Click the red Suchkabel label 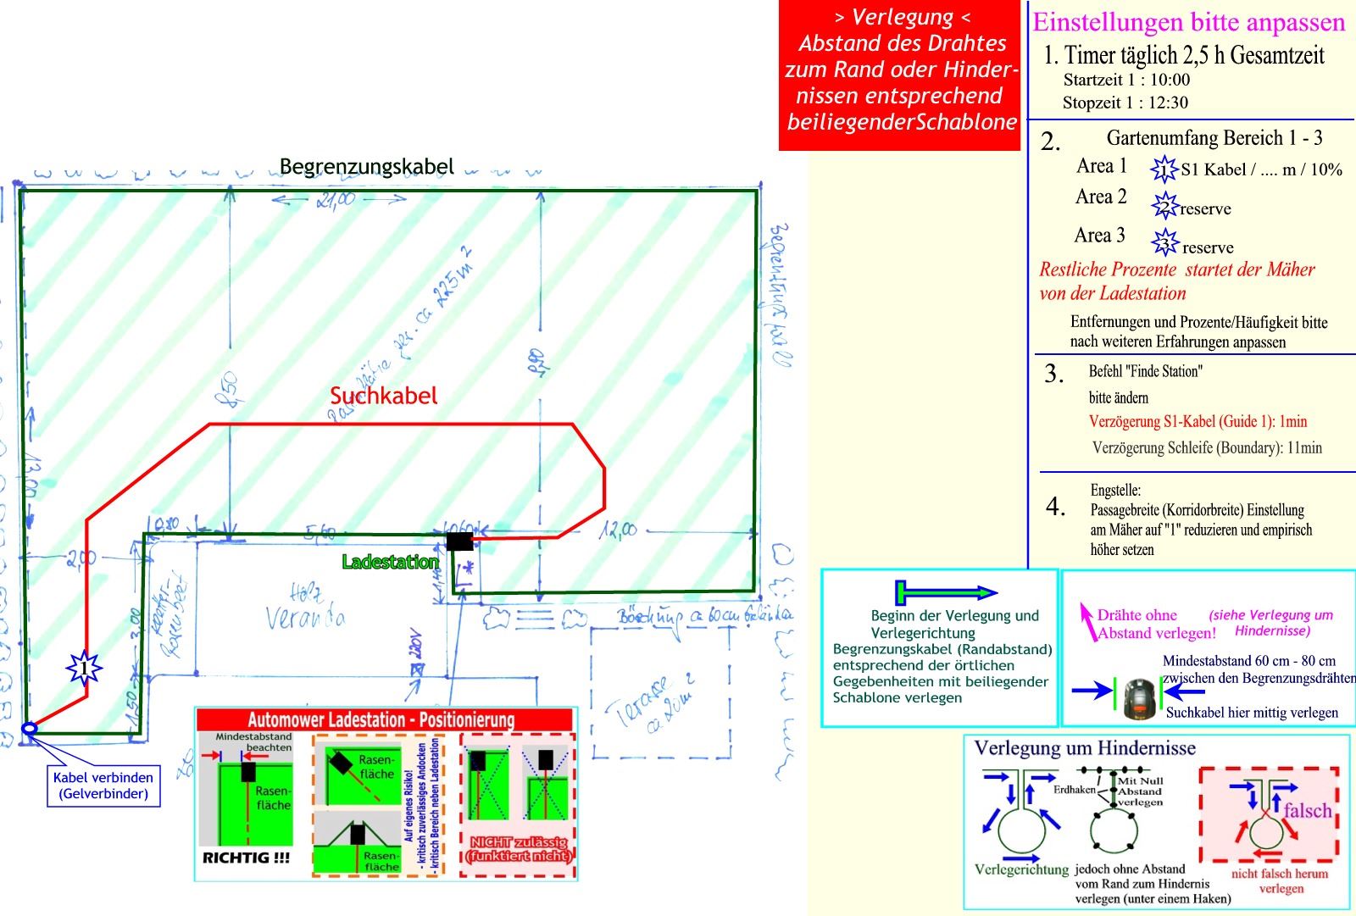[384, 396]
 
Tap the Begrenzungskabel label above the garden [367, 166]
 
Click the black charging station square [459, 541]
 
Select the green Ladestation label [391, 562]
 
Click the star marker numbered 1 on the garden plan [84, 669]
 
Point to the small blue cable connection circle [29, 728]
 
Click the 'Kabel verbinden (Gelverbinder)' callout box [103, 786]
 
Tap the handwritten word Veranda [305, 613]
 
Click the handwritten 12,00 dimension [617, 531]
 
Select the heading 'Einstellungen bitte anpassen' [1188, 22]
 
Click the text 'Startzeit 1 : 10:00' [1126, 80]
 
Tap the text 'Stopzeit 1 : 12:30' [1125, 103]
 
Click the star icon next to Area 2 [1165, 206]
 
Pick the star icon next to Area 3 [1165, 244]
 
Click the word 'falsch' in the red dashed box [1308, 810]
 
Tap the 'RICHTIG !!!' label [246, 858]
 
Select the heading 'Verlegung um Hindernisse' [1085, 748]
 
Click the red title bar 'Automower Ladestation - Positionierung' [381, 720]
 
